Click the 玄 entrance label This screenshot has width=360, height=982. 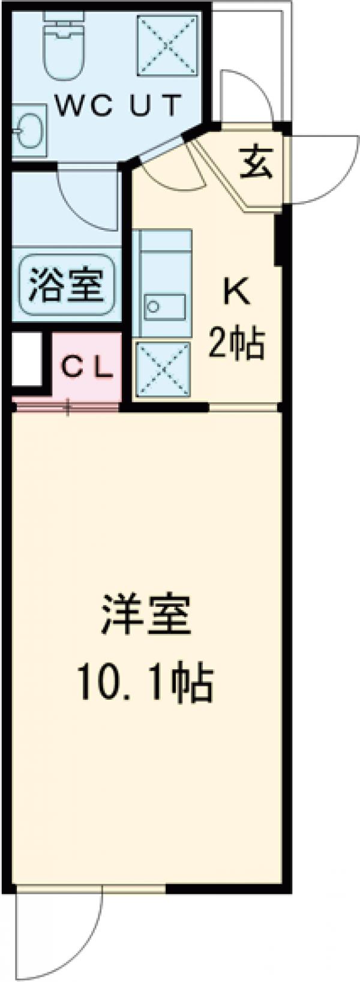tap(257, 163)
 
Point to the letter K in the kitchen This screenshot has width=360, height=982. tap(236, 292)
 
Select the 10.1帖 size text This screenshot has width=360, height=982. tap(145, 683)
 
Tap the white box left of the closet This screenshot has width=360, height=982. tap(26, 359)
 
